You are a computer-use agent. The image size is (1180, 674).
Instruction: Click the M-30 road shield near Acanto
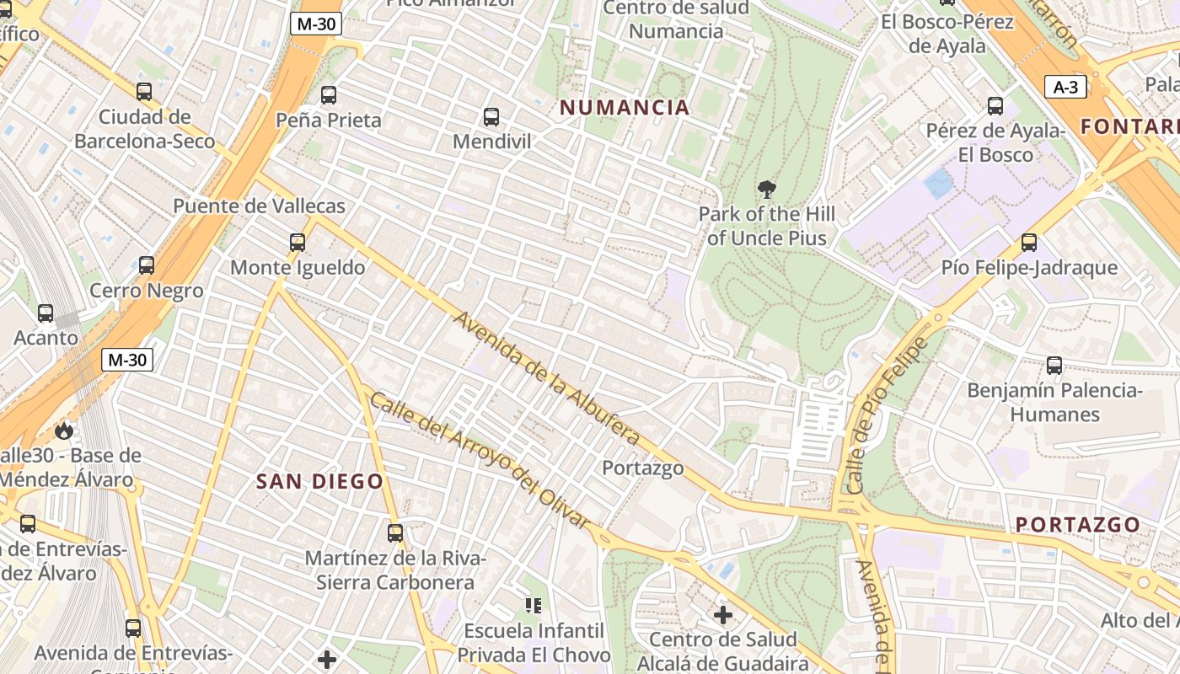pos(127,361)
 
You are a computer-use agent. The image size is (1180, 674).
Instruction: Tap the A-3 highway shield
pos(1065,87)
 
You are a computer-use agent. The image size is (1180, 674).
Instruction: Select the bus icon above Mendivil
pos(491,117)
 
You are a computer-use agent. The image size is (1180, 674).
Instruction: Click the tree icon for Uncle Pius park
pos(766,190)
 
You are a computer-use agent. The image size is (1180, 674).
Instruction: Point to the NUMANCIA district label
pos(625,108)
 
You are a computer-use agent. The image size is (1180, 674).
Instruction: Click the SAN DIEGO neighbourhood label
pos(319,482)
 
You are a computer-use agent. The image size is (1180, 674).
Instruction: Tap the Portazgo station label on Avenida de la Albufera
pos(642,468)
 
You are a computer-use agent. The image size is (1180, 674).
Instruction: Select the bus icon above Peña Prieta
pos(329,95)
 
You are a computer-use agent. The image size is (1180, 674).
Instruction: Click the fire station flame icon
pos(63,431)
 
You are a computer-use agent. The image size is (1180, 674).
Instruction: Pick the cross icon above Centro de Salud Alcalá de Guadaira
pos(722,615)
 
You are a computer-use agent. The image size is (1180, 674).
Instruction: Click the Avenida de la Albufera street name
pos(546,378)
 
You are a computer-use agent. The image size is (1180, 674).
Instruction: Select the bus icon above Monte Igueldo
pos(298,243)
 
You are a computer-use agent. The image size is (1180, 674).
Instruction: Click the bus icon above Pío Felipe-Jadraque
pos(1028,243)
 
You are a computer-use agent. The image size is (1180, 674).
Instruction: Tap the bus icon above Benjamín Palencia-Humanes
pos(1054,366)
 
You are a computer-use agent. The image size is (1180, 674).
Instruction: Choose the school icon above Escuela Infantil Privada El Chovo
pos(533,605)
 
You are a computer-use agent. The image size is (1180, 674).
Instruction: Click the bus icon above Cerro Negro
pos(147,265)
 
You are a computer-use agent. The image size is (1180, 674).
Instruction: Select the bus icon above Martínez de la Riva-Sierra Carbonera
pos(395,532)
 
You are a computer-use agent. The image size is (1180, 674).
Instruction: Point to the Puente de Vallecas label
pos(259,206)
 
